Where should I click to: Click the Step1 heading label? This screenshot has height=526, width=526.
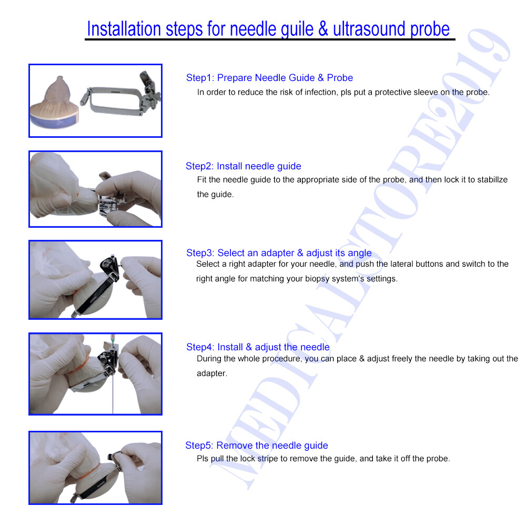[269, 78]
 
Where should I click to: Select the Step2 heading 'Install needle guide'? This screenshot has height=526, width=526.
[244, 166]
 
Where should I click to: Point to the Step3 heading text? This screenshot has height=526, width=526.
[279, 253]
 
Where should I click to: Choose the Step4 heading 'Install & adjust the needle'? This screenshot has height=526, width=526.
[258, 347]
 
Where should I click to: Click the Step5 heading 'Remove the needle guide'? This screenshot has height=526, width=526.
[257, 446]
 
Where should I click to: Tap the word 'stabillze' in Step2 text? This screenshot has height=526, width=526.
[492, 180]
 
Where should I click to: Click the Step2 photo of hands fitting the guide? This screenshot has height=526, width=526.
[95, 189]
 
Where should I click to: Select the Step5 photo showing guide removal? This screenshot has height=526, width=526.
[95, 468]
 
